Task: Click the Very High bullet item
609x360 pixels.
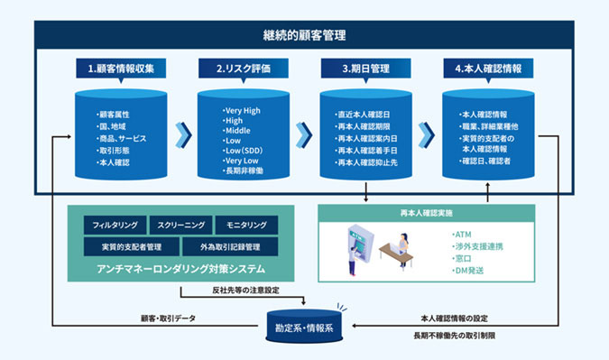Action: click(242, 110)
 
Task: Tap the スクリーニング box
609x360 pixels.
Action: click(180, 223)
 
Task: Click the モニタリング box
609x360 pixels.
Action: click(246, 223)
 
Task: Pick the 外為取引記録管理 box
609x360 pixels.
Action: click(222, 245)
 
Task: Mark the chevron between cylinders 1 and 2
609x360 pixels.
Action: click(184, 134)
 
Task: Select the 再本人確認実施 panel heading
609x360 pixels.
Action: click(427, 213)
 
